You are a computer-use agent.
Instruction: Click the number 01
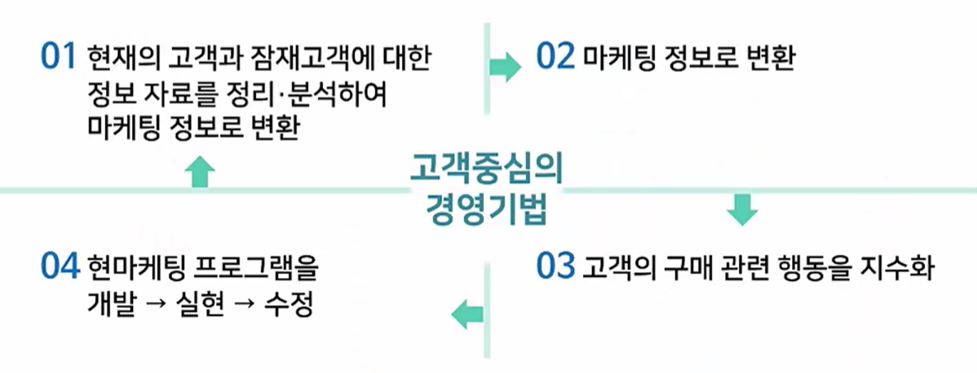57,60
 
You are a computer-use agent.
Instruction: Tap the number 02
554,60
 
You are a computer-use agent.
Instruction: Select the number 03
554,267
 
